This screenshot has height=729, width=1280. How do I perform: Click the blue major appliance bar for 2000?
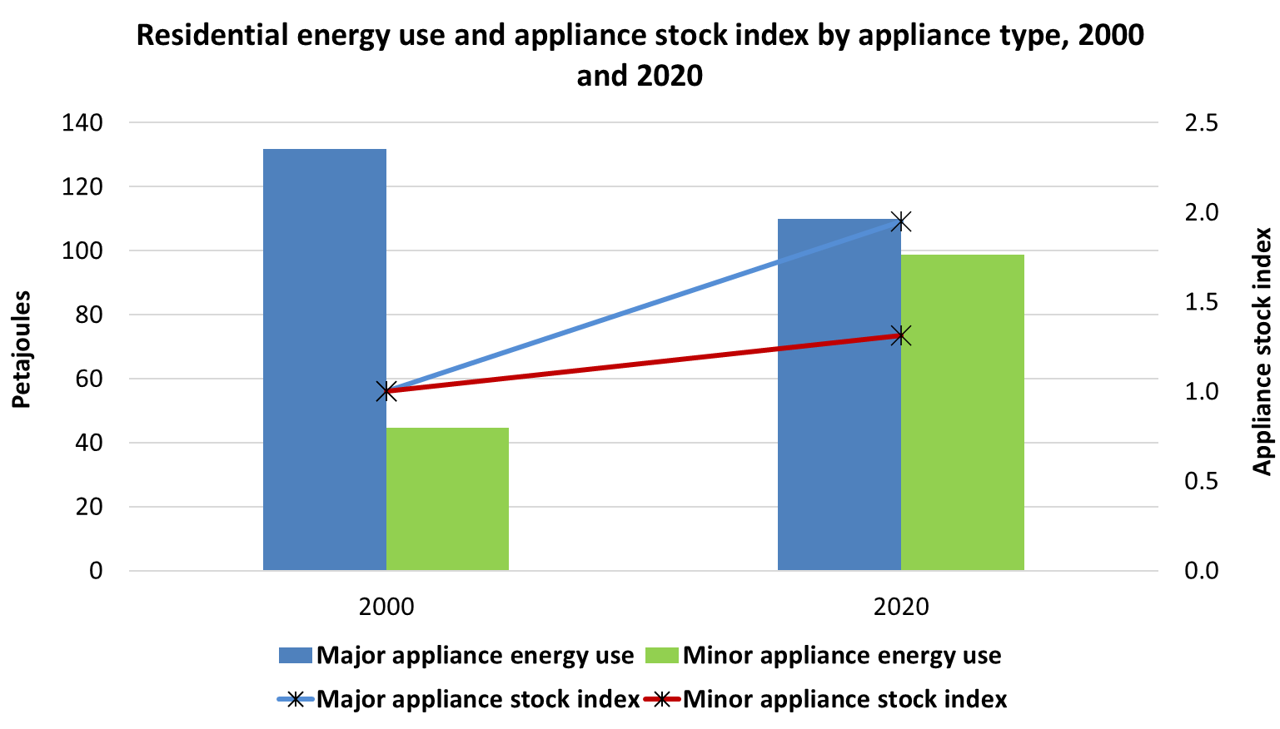coord(325,360)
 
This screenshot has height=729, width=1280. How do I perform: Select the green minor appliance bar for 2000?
coord(447,499)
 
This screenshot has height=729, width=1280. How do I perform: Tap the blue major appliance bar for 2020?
coord(839,394)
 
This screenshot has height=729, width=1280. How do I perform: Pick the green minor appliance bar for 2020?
coord(963,412)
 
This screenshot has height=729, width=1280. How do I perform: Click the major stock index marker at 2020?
coord(901,221)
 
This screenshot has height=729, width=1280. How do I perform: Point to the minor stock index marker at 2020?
coord(901,336)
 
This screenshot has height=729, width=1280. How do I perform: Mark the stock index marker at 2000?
coord(386,392)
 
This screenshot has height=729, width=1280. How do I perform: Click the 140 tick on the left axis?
coord(82,122)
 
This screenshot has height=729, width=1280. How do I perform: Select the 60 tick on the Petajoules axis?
coord(89,379)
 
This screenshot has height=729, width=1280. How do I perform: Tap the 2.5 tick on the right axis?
coord(1201,122)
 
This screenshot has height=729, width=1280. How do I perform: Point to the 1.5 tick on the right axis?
coord(1201,302)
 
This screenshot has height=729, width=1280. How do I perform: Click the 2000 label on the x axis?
coord(386,607)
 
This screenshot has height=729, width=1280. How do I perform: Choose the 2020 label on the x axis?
coord(901,607)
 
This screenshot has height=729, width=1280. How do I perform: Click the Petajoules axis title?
coord(21,350)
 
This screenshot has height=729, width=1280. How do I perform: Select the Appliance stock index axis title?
coord(1262,351)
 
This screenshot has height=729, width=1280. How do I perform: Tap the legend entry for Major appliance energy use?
coord(456,656)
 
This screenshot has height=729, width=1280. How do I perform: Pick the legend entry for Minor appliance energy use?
coord(824,656)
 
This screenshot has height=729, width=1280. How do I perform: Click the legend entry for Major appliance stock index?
coord(458,699)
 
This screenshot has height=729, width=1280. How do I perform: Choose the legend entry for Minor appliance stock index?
coord(826,699)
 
